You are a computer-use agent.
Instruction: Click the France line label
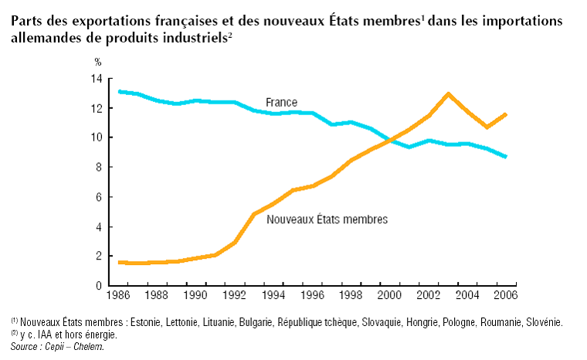281,102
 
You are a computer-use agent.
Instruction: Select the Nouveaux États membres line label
327,219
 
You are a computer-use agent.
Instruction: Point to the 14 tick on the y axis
97,79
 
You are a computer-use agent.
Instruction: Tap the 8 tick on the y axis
99,168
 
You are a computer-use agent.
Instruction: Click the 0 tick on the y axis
99,286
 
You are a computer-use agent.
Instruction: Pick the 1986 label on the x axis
119,296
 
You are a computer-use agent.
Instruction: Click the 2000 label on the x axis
389,296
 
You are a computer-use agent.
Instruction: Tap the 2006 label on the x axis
504,296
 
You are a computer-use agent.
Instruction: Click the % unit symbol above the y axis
97,61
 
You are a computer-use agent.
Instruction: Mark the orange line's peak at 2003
448,93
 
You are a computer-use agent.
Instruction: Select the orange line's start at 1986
119,263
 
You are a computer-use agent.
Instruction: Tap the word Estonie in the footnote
147,321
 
